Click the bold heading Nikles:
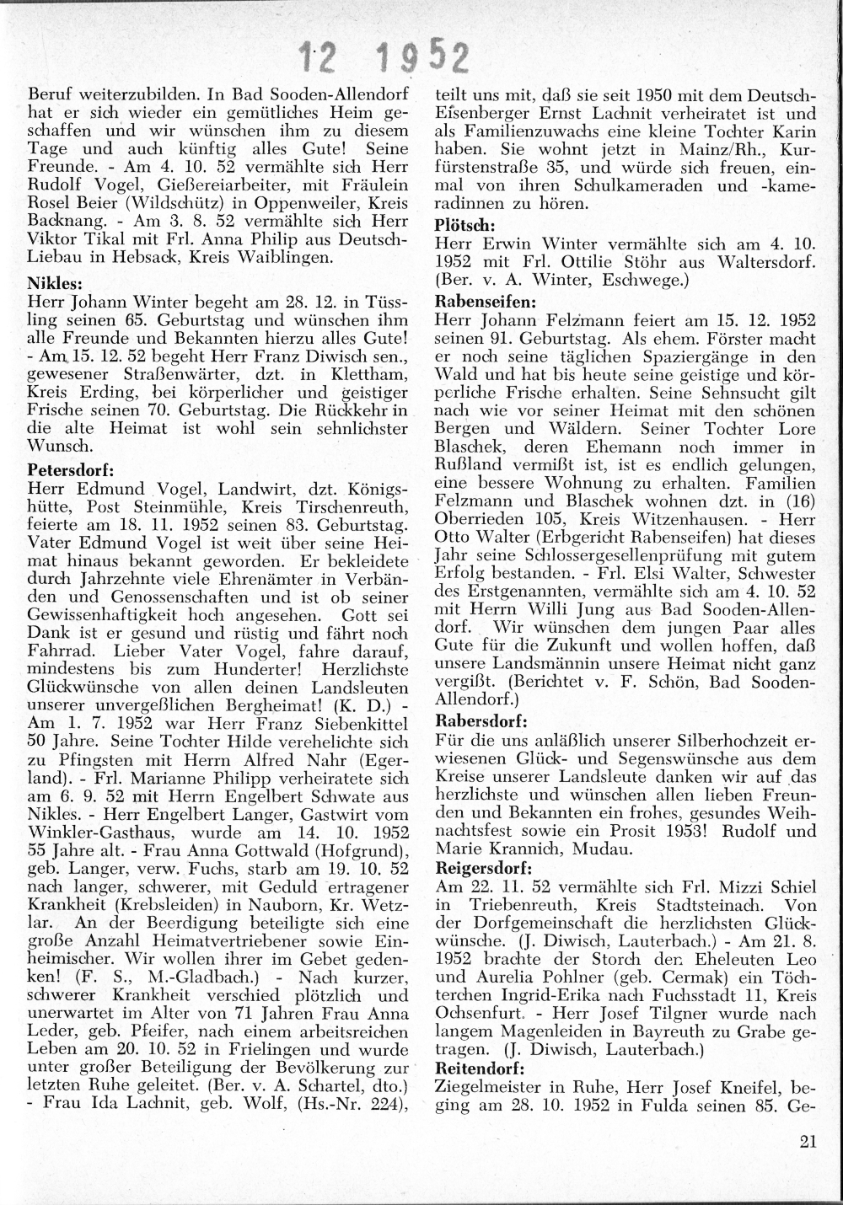coord(56,284)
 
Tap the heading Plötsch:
coord(464,227)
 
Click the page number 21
coord(806,1143)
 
